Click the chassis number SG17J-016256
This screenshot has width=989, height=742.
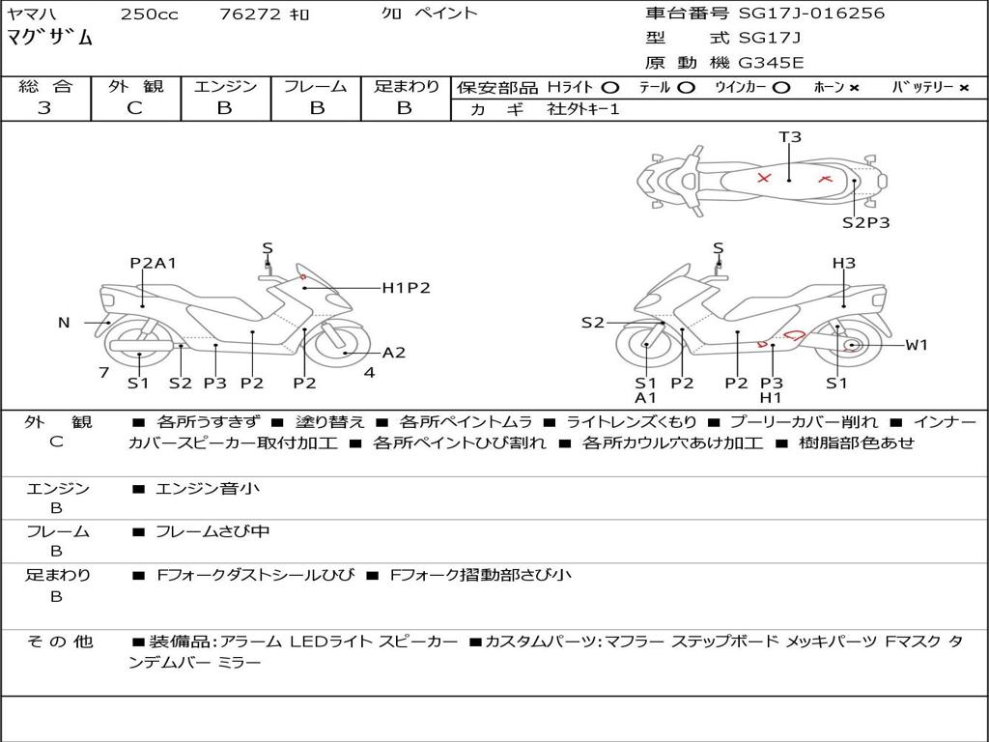(811, 13)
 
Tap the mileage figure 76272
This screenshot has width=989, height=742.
(250, 14)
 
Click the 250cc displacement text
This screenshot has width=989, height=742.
(150, 14)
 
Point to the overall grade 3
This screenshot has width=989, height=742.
(44, 107)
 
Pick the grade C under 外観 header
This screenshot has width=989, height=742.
(135, 108)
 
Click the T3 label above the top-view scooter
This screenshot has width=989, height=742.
(790, 137)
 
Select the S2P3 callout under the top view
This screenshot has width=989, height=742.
(866, 223)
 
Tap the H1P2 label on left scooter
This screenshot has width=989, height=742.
(407, 288)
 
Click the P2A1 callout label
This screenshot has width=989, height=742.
(154, 263)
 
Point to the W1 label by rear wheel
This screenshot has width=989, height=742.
(917, 345)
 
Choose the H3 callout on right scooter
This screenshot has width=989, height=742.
(844, 263)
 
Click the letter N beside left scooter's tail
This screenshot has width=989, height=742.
(64, 323)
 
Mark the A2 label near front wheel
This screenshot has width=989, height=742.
(394, 353)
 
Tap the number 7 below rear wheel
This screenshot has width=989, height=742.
(104, 373)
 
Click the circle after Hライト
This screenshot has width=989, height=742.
(610, 88)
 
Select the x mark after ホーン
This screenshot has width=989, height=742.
(854, 88)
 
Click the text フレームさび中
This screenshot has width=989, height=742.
(212, 532)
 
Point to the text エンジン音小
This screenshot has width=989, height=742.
(208, 488)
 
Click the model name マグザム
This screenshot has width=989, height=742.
(50, 38)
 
